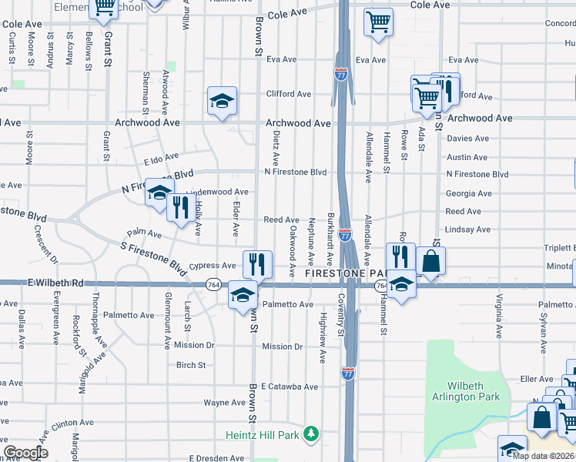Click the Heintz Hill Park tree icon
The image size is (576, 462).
(x=311, y=435)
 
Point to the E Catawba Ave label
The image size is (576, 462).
(x=289, y=387)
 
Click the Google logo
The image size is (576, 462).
(x=25, y=453)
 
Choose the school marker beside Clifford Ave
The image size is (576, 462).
(x=222, y=101)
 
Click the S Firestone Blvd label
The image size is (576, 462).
(x=154, y=257)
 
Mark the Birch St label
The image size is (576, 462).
(x=191, y=366)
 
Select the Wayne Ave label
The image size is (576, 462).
(x=224, y=403)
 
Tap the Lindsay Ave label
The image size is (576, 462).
(x=467, y=229)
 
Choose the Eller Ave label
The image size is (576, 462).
(x=537, y=379)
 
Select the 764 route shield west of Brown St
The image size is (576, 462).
(x=210, y=285)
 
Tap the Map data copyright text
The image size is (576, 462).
(x=543, y=456)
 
